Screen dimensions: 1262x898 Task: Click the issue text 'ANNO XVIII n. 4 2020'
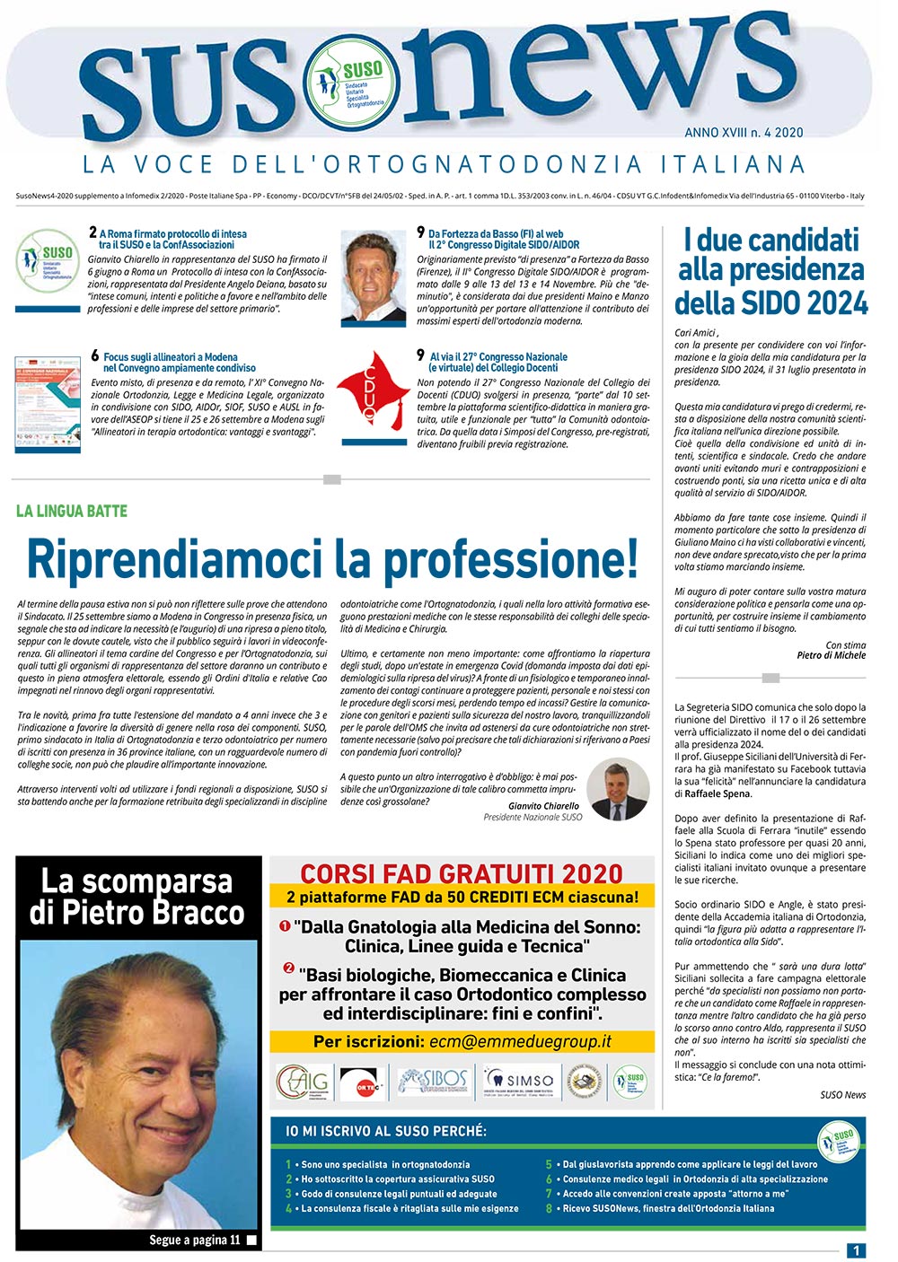pyautogui.click(x=744, y=133)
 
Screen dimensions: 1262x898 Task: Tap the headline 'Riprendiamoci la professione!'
pyautogui.click(x=332, y=558)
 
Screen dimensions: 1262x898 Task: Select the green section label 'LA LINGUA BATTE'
pyautogui.click(x=72, y=512)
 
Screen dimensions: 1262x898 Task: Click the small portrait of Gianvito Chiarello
pyautogui.click(x=617, y=790)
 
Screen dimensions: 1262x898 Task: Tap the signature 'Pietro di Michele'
pyautogui.click(x=832, y=655)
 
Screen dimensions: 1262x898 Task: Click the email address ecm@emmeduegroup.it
pyautogui.click(x=521, y=1041)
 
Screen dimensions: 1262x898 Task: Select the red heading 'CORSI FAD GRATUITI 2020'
pyautogui.click(x=462, y=873)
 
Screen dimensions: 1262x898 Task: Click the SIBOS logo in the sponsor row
pyautogui.click(x=433, y=1080)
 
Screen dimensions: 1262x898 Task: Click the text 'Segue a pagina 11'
pyautogui.click(x=195, y=1240)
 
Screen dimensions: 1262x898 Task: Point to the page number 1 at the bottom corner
pyautogui.click(x=857, y=1249)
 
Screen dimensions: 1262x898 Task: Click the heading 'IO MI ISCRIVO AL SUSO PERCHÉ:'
pyautogui.click(x=386, y=1131)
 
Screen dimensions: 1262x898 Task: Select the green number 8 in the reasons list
pyautogui.click(x=549, y=1208)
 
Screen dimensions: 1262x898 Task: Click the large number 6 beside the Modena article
pyautogui.click(x=95, y=356)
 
